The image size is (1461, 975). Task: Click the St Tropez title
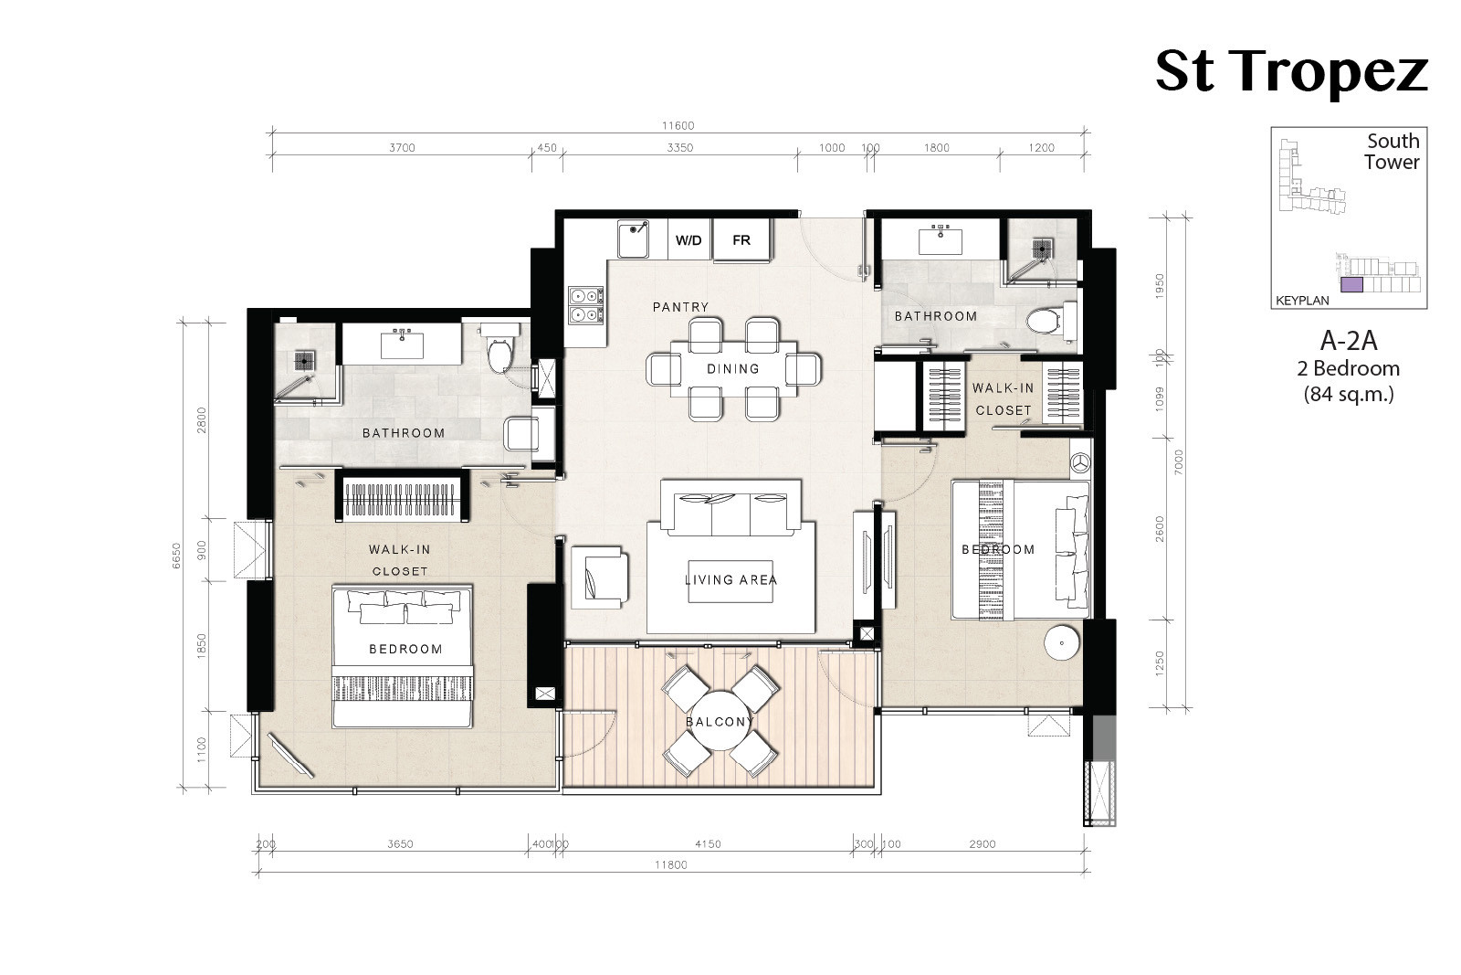coord(1291,72)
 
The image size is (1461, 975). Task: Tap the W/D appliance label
coord(688,240)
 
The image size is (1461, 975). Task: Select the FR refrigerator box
coord(741,240)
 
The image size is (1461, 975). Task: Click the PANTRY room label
coord(680,307)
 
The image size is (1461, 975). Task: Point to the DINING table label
coord(733,369)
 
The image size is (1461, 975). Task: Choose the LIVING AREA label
coord(730,579)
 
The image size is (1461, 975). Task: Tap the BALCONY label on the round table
coord(720,722)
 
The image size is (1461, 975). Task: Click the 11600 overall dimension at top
coord(678,125)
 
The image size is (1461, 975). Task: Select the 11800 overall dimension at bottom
coord(671,864)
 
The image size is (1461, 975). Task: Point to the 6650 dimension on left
coord(177,556)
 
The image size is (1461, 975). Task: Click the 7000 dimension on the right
coord(1178,462)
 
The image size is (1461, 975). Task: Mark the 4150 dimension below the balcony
coord(708,843)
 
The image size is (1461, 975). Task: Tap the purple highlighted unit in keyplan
coord(1351,284)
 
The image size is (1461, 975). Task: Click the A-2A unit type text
coord(1348,341)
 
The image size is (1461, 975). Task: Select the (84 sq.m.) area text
coord(1348,394)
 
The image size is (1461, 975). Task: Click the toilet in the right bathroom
coord(1050,321)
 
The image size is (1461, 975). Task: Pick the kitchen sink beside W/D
coord(634,238)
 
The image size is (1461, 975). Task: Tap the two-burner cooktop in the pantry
coord(585,305)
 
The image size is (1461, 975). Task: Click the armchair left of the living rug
coord(599,578)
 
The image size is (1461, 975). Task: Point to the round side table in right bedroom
coord(1063,642)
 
